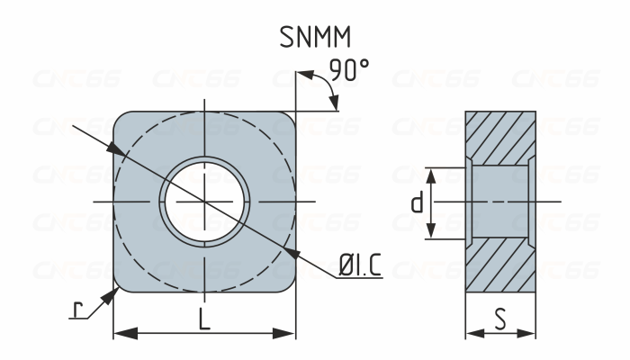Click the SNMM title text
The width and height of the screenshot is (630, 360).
point(313,38)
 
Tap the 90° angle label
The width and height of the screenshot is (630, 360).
point(349,72)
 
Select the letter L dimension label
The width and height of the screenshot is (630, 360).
point(204,321)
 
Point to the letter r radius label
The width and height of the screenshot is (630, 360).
point(79,310)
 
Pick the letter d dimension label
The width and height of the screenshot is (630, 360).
point(417,203)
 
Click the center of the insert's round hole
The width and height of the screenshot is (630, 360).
point(204,202)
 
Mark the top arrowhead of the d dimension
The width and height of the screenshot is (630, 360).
point(433,173)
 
